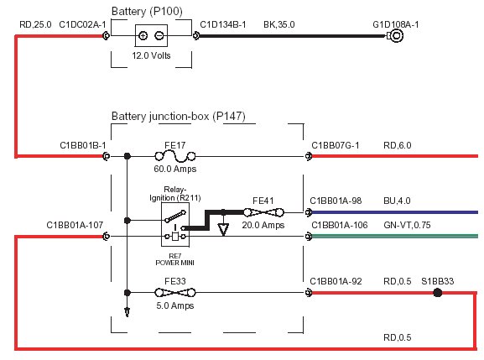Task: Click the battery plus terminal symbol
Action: click(x=143, y=36)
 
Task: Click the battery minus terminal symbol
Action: click(x=159, y=36)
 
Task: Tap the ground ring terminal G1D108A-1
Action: click(x=396, y=36)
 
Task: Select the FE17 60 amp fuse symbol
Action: click(x=175, y=156)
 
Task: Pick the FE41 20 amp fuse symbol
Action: click(x=263, y=212)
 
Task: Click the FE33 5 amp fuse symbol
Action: click(x=175, y=292)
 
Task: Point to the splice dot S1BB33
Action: click(x=437, y=292)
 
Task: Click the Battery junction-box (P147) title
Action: click(x=179, y=117)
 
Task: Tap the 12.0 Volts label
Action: click(x=151, y=55)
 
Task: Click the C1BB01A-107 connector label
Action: click(x=75, y=225)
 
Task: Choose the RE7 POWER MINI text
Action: click(x=175, y=259)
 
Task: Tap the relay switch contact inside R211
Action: click(x=175, y=217)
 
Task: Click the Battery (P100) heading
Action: click(x=147, y=12)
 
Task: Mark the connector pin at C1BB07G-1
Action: click(x=308, y=156)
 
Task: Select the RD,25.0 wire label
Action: click(x=35, y=24)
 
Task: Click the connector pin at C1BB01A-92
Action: click(x=308, y=292)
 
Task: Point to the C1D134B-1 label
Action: click(x=223, y=24)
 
